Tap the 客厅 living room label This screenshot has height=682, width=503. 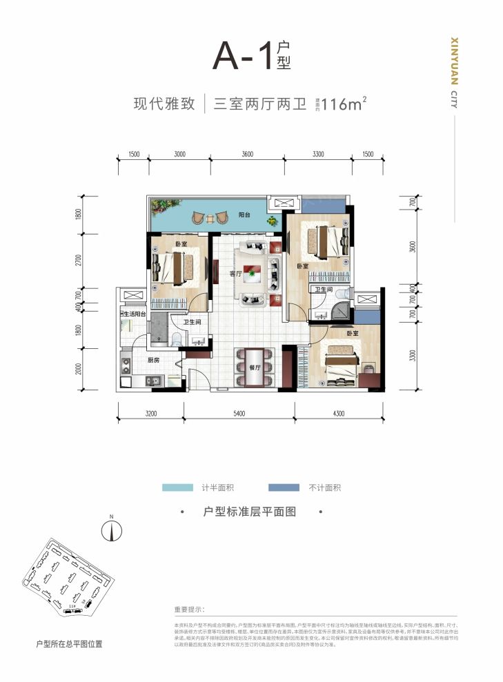[235, 274]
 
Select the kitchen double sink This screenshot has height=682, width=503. [152, 379]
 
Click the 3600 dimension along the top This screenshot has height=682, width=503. [248, 154]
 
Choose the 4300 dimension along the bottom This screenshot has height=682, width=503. [338, 414]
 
